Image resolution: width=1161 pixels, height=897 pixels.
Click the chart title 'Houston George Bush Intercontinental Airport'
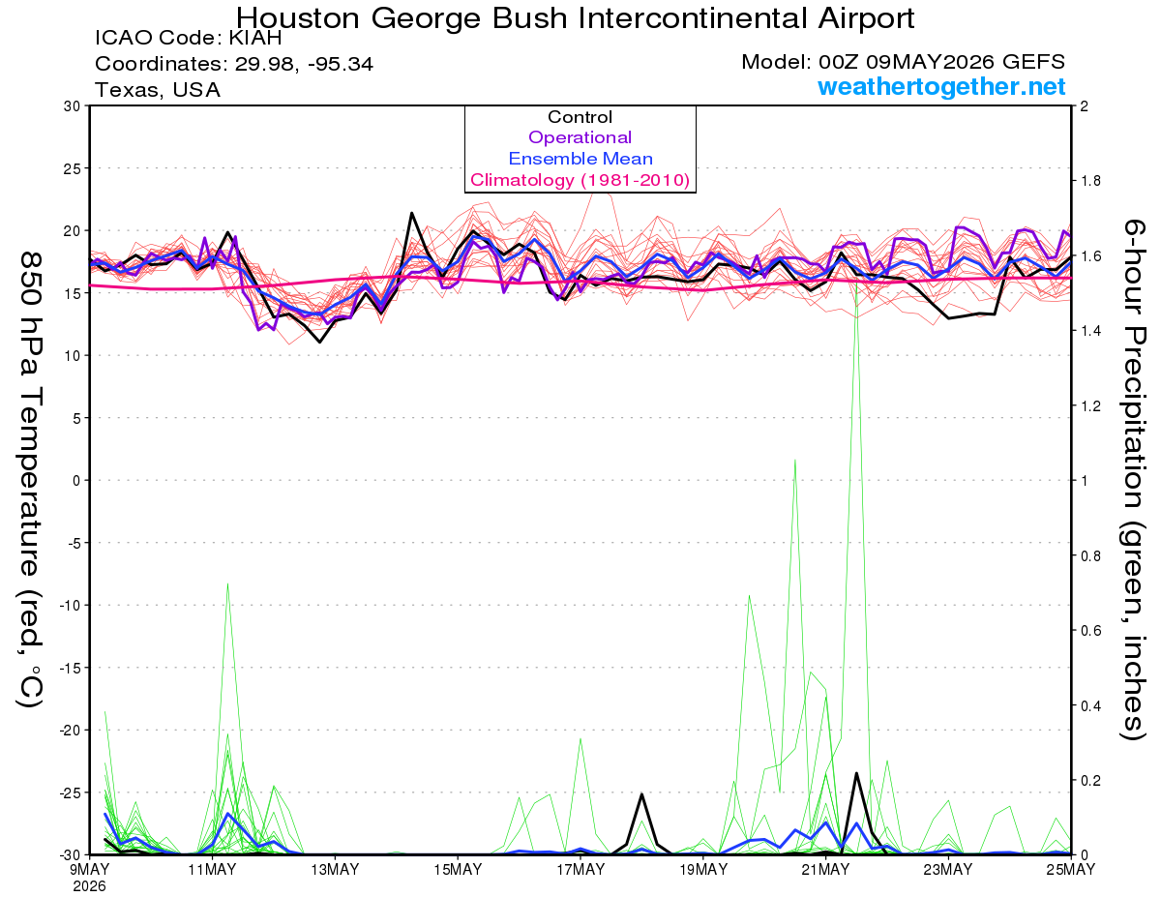tap(575, 18)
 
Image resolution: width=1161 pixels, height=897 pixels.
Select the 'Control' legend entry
tap(580, 117)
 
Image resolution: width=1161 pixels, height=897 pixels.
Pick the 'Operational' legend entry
tap(580, 137)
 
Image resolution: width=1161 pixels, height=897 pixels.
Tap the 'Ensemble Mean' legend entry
tap(580, 159)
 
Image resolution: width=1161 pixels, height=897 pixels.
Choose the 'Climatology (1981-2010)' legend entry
tap(580, 180)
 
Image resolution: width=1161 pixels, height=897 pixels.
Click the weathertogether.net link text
tap(941, 86)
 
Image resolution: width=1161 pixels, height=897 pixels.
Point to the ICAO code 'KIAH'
tap(254, 38)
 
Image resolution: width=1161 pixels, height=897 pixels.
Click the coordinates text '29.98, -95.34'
tap(304, 64)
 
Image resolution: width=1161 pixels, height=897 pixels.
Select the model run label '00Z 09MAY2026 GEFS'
tap(941, 62)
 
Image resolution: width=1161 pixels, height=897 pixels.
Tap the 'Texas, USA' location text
tap(158, 90)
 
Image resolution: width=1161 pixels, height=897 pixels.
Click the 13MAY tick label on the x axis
tap(335, 869)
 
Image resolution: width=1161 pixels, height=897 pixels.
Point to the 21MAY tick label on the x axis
tap(825, 869)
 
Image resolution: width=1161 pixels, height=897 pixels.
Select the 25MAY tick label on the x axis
tap(1070, 869)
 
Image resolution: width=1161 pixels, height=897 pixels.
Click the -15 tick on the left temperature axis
tap(70, 668)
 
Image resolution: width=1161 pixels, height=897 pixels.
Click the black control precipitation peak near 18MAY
tap(641, 793)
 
